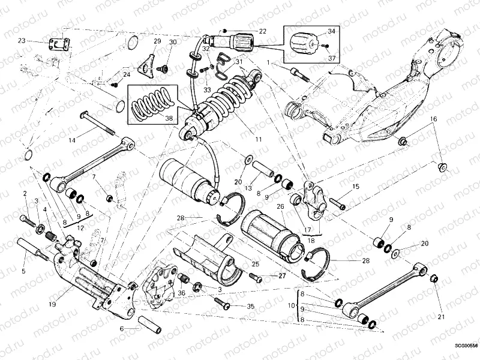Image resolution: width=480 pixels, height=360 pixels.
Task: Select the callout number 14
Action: pyautogui.click(x=71, y=140)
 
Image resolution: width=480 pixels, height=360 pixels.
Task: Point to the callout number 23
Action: pyautogui.click(x=22, y=41)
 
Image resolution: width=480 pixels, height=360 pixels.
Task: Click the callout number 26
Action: pyautogui.click(x=280, y=207)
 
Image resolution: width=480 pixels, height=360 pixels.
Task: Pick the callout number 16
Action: pyautogui.click(x=431, y=119)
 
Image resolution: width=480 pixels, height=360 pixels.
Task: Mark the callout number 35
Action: pyautogui.click(x=250, y=306)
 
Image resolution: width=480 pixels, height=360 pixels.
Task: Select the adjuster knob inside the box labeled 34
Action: pyautogui.click(x=301, y=43)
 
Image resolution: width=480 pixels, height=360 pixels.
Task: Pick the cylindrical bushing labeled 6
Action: pyautogui.click(x=149, y=324)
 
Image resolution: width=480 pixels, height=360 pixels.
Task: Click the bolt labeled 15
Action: pyautogui.click(x=337, y=205)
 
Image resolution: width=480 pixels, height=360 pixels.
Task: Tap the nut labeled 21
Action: pyautogui.click(x=434, y=279)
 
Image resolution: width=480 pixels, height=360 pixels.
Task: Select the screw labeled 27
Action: pyautogui.click(x=256, y=277)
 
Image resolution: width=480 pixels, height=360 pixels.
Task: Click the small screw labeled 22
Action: pyautogui.click(x=224, y=30)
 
